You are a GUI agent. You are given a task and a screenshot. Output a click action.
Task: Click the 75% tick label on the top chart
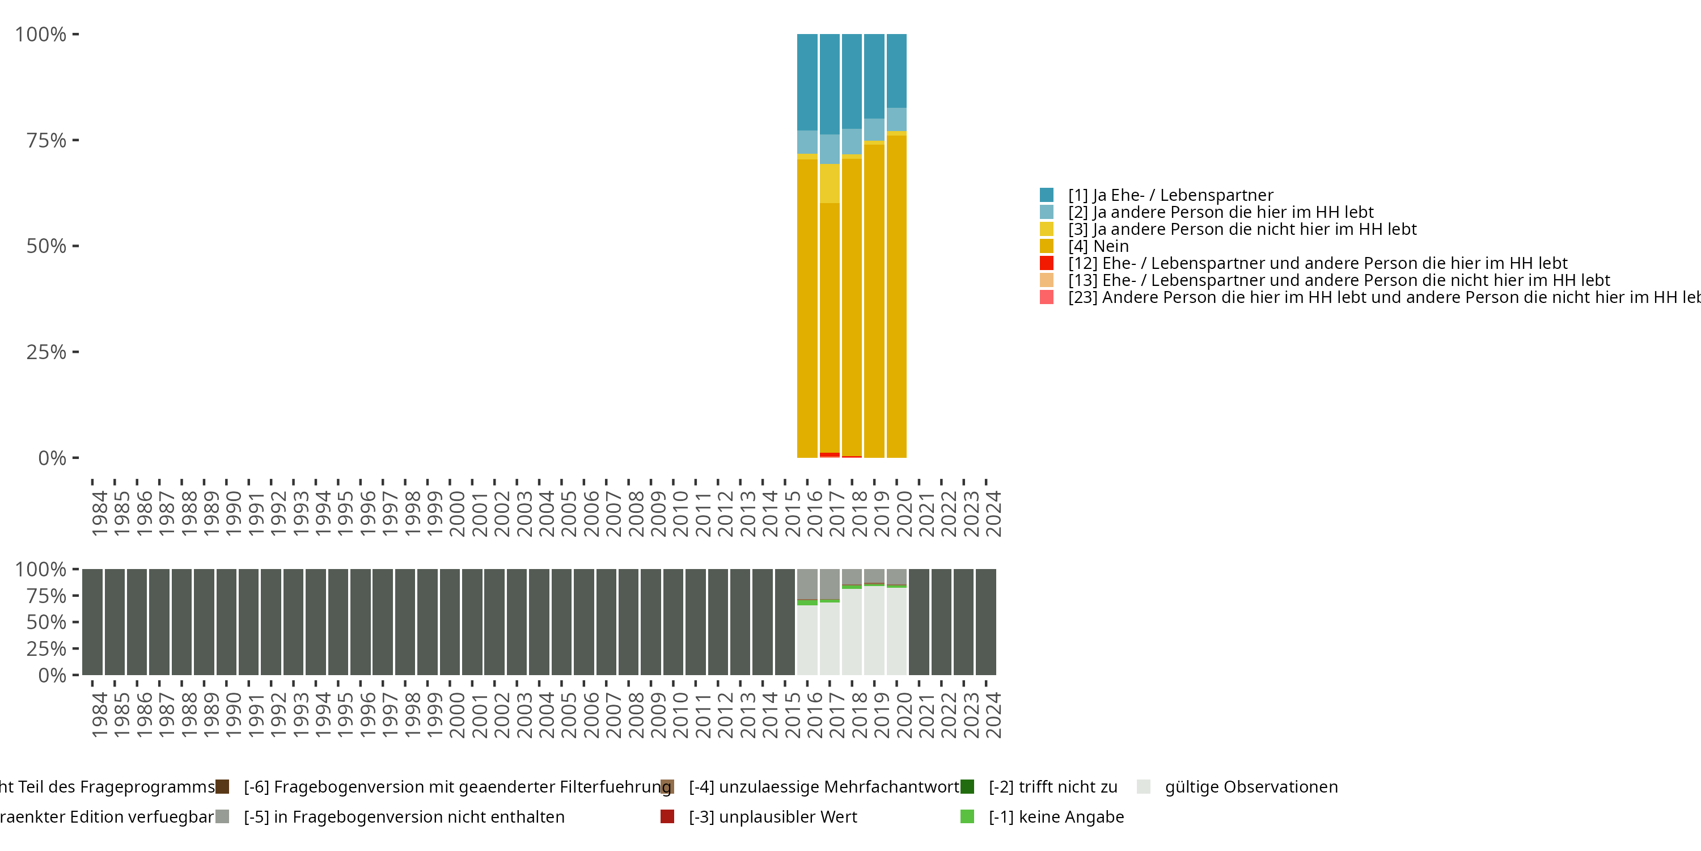(46, 140)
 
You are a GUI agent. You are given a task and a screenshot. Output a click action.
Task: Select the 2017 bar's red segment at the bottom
(830, 454)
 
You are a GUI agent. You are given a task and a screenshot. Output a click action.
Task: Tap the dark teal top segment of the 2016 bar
(807, 82)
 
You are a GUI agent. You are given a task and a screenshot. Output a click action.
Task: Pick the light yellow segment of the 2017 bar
(830, 183)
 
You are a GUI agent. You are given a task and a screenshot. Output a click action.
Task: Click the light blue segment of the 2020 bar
(896, 119)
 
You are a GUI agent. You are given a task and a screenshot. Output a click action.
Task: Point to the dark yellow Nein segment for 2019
(874, 301)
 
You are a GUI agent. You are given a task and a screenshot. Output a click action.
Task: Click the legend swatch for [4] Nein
(1047, 246)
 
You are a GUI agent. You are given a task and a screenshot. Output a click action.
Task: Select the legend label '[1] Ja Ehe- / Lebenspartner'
(1170, 195)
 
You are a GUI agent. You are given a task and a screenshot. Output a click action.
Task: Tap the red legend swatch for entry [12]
(1047, 263)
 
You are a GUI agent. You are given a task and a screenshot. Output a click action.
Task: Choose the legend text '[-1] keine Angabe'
(1056, 816)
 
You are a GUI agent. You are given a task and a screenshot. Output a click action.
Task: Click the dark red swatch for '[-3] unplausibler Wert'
(667, 816)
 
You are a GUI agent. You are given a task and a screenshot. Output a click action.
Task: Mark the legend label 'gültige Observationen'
(1251, 787)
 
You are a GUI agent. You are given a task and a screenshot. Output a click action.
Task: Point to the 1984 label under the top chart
(99, 513)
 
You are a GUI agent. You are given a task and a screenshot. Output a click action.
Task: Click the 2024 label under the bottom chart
(992, 715)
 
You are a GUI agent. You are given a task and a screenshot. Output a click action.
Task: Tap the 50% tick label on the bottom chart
(46, 622)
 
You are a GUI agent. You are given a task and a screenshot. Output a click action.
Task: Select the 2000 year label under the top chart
(456, 513)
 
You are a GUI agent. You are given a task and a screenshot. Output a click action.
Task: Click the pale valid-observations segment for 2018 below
(852, 631)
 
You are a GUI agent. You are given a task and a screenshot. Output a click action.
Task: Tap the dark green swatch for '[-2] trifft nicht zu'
(967, 787)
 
